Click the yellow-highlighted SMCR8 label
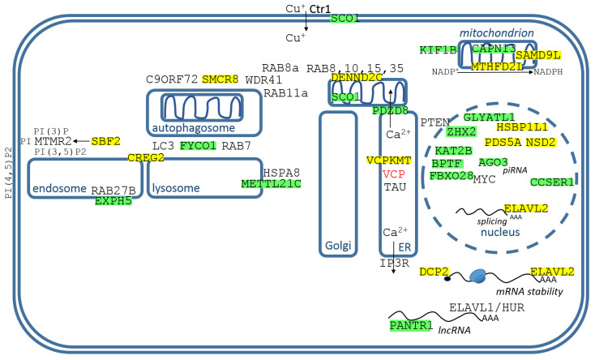[x=220, y=79]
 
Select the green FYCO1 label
[x=198, y=146]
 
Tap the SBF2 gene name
[x=105, y=141]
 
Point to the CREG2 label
[x=146, y=157]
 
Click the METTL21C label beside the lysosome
[x=272, y=184]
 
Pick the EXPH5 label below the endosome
[x=113, y=201]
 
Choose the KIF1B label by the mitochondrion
[x=439, y=50]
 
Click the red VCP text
[x=394, y=174]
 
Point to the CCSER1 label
[x=552, y=182]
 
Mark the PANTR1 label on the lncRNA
[x=411, y=325]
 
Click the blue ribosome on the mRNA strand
[x=477, y=276]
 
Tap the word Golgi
[x=338, y=246]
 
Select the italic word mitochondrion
[x=497, y=33]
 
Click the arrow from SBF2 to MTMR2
[x=82, y=141]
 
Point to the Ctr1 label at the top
[x=320, y=9]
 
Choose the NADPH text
[x=548, y=72]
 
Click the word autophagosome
[x=194, y=128]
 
